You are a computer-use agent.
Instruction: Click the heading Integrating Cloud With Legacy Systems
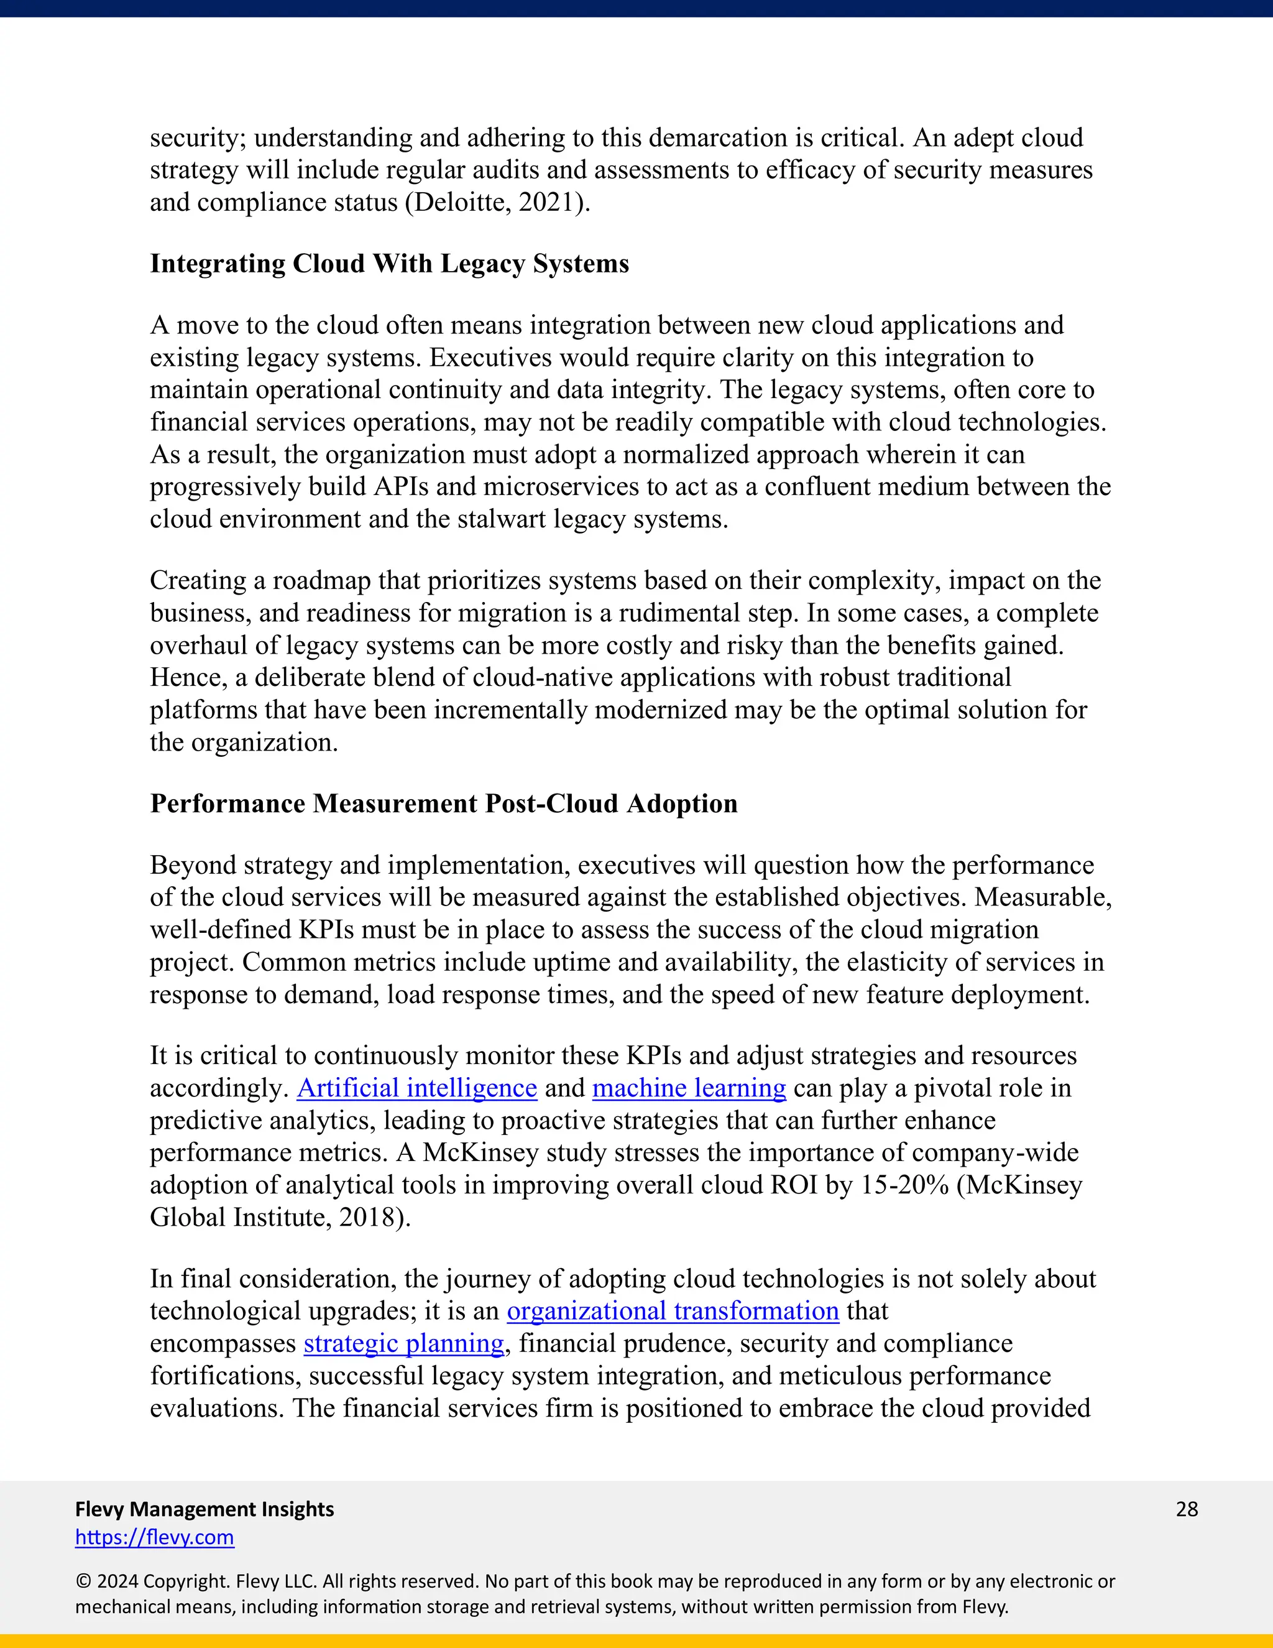tap(389, 263)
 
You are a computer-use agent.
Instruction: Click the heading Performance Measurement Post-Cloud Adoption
tap(443, 803)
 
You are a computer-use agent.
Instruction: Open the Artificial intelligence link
tap(417, 1088)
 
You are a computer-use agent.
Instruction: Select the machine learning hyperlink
tap(689, 1088)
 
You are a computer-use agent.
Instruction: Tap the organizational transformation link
tap(673, 1311)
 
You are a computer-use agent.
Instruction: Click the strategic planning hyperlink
tap(403, 1343)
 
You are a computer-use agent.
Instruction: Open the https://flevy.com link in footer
tap(155, 1537)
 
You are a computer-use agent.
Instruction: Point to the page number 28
tap(1186, 1509)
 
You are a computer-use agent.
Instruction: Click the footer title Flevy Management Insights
tap(205, 1509)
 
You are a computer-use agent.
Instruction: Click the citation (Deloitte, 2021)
tap(498, 202)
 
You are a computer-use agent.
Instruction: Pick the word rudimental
tap(679, 613)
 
